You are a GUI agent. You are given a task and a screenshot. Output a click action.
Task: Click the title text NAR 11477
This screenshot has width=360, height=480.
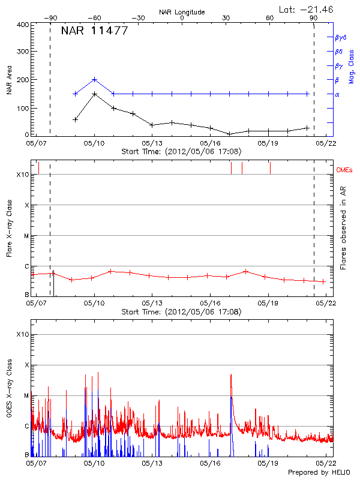(94, 31)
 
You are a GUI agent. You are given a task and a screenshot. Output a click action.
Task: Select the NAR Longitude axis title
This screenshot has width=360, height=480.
(182, 11)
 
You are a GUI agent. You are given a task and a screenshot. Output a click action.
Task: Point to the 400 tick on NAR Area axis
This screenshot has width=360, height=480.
(23, 25)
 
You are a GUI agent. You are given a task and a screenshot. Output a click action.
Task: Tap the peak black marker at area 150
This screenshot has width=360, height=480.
(95, 94)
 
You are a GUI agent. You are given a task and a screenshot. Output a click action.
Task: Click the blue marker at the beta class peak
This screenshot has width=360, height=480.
(95, 79)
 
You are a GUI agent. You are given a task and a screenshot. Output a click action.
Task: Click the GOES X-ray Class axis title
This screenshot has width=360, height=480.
(9, 394)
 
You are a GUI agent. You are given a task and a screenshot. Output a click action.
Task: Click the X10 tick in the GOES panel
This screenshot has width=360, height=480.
(22, 334)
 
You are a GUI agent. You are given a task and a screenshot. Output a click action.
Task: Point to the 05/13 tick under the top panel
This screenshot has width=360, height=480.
(152, 143)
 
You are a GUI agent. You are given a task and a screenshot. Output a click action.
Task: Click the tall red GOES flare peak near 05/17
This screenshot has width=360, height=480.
(231, 375)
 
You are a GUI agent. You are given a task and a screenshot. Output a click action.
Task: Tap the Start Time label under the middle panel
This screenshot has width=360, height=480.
(181, 312)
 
